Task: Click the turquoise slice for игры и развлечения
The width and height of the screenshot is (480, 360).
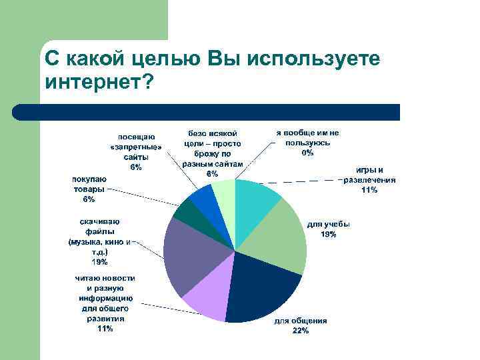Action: (257, 204)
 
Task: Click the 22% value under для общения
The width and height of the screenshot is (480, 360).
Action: (301, 331)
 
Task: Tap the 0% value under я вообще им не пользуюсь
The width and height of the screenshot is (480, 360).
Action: (307, 153)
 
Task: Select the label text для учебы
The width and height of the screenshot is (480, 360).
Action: (328, 225)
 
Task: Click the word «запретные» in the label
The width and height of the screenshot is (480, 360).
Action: (135, 147)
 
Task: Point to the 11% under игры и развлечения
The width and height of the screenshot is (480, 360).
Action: (369, 190)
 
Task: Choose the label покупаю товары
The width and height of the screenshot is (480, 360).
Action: (89, 184)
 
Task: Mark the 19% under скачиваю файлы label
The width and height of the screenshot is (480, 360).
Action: (99, 262)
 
